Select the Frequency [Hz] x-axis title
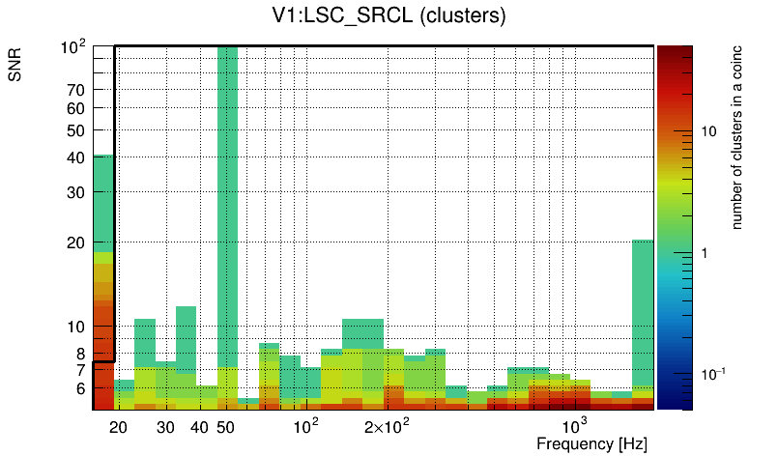[591, 444]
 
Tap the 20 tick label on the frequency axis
[119, 427]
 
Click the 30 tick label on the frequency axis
[165, 427]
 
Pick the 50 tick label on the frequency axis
[226, 427]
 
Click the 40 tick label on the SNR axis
[76, 157]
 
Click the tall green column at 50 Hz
[227, 193]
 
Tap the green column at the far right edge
[643, 309]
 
